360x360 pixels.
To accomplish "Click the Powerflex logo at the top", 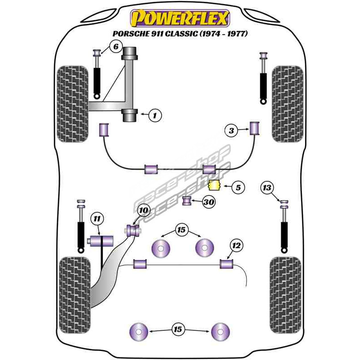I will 180,18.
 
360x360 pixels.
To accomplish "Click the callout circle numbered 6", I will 115,46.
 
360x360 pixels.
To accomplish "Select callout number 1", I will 155,116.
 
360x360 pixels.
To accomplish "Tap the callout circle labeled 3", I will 231,131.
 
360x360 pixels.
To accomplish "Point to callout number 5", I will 238,187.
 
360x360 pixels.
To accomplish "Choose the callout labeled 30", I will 208,202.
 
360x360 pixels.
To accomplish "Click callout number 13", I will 267,188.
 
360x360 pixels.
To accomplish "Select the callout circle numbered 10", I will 143,210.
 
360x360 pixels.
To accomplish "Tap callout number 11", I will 97,219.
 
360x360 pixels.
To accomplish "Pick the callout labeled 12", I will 237,245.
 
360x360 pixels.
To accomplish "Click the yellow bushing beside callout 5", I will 215,185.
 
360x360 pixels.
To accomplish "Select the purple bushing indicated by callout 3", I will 255,128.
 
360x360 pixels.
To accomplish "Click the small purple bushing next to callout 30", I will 187,200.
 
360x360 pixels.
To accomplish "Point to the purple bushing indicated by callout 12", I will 226,263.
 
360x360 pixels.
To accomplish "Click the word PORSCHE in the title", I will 130,34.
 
